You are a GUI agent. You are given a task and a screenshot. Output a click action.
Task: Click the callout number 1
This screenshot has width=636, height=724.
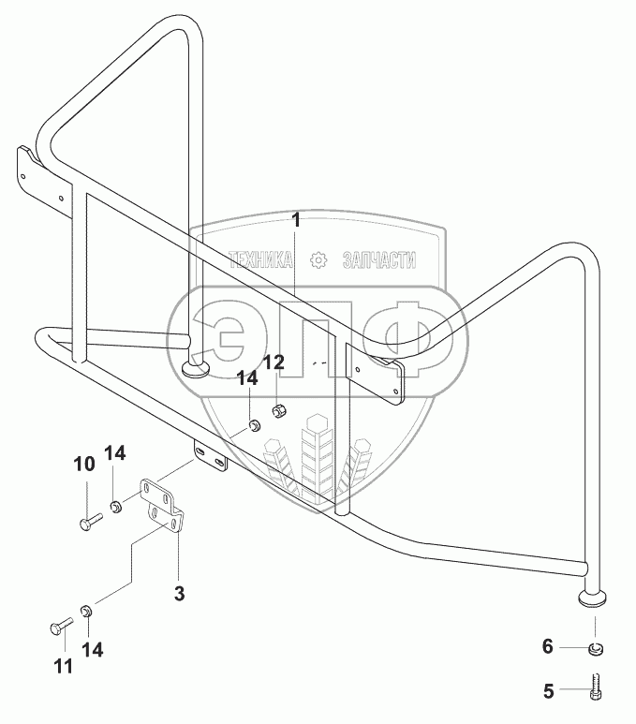pyautogui.click(x=296, y=221)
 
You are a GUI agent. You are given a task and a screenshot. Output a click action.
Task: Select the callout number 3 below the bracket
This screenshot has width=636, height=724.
pyautogui.click(x=179, y=592)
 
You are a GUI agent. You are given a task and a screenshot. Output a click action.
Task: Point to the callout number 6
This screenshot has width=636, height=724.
pyautogui.click(x=550, y=645)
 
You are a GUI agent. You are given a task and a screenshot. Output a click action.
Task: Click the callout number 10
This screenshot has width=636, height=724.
pyautogui.click(x=84, y=465)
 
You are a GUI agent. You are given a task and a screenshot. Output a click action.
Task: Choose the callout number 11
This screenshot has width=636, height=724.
pyautogui.click(x=62, y=666)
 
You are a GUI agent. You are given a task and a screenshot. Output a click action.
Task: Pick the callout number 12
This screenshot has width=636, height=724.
pyautogui.click(x=273, y=362)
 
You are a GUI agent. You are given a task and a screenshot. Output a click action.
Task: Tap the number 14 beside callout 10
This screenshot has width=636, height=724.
pyautogui.click(x=113, y=453)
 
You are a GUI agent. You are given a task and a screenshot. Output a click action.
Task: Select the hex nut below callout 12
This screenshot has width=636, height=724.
pyautogui.click(x=279, y=409)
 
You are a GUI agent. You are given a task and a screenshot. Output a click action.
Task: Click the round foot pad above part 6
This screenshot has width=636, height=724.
pyautogui.click(x=593, y=598)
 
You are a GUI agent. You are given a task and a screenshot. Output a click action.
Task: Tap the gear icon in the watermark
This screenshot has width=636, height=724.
pyautogui.click(x=318, y=259)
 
